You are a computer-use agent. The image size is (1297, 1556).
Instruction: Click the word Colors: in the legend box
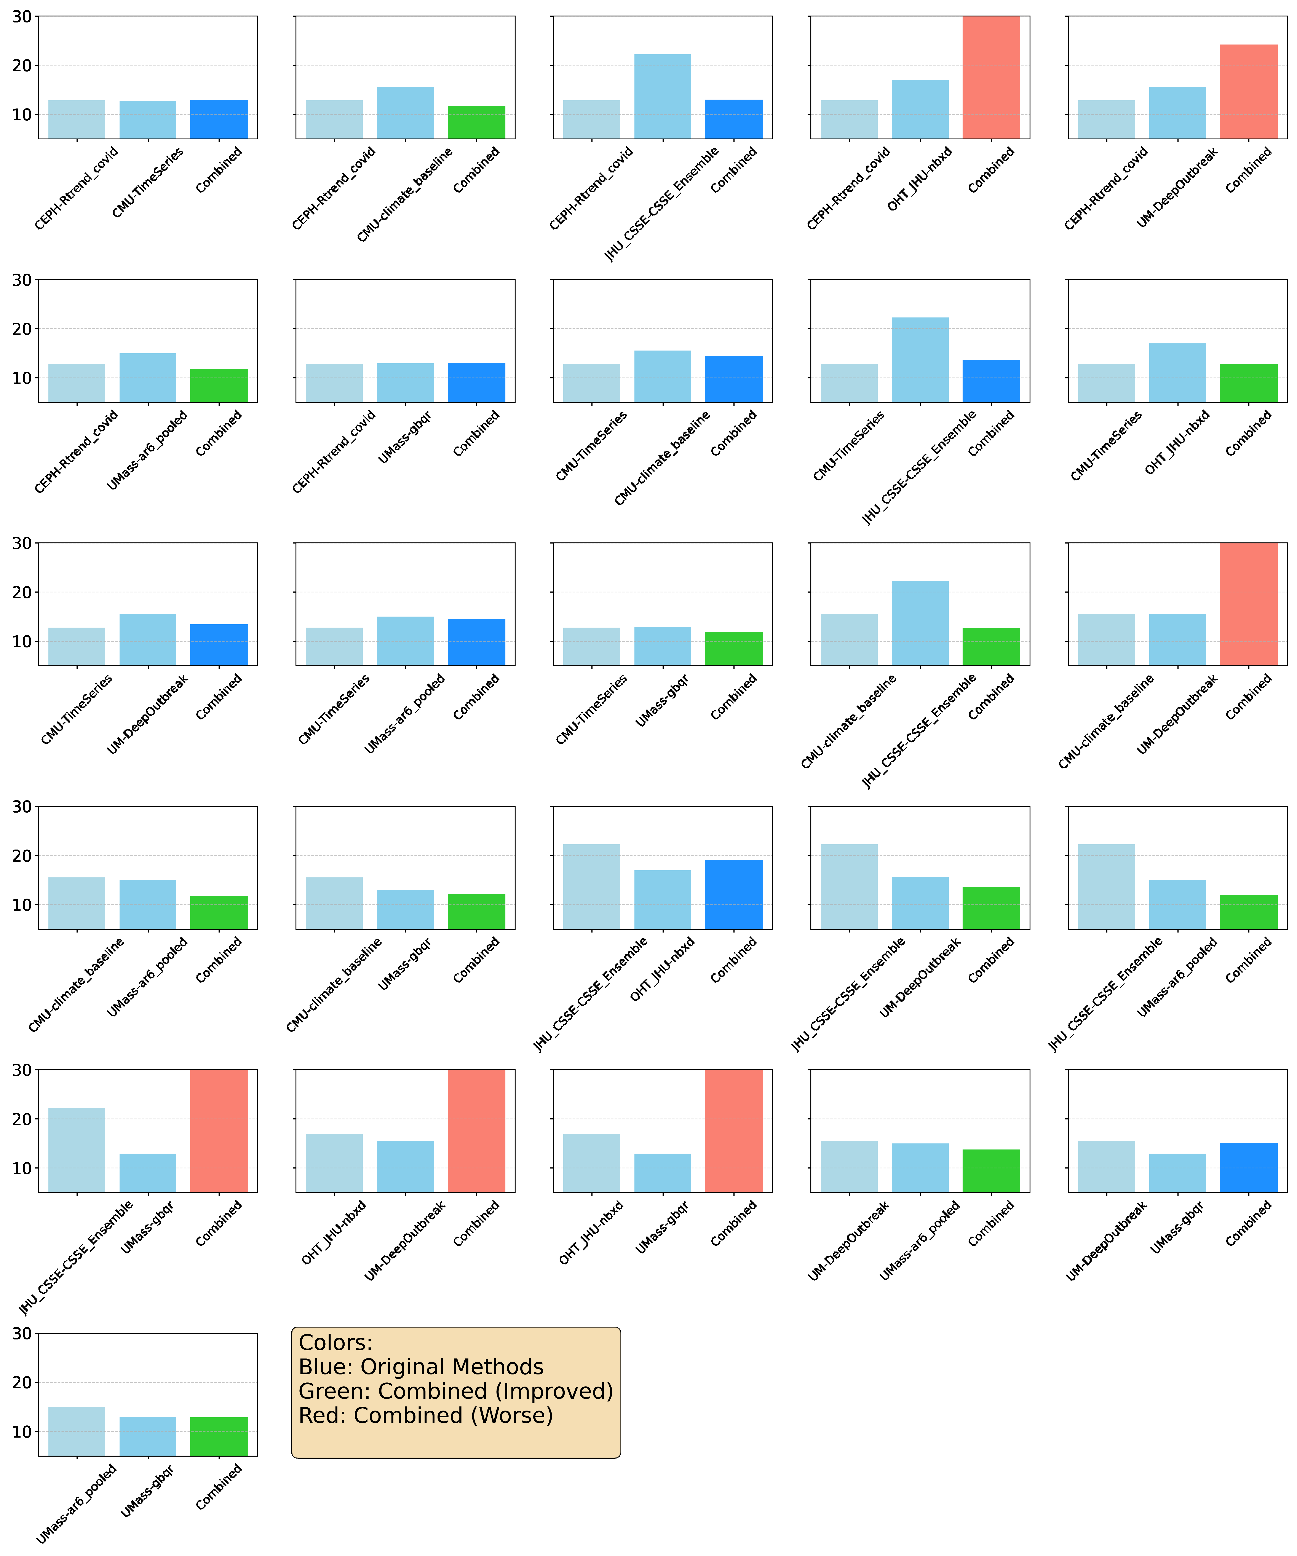coord(335,1343)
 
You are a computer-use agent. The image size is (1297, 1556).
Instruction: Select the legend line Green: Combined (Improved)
coord(455,1391)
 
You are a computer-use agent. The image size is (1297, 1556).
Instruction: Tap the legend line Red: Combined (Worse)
coord(425,1415)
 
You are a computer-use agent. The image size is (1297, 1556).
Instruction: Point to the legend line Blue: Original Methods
coord(420,1367)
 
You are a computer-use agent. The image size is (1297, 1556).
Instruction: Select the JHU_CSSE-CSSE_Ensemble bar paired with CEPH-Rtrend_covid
coord(663,96)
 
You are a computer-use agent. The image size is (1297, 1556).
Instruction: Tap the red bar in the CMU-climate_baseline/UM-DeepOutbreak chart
coord(1248,604)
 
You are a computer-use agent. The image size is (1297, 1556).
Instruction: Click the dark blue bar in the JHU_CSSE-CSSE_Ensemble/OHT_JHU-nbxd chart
coord(734,894)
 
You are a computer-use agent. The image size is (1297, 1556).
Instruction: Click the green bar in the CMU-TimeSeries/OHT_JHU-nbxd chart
coord(1248,383)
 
